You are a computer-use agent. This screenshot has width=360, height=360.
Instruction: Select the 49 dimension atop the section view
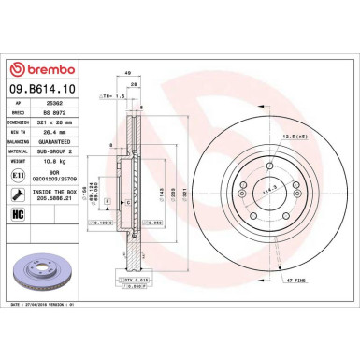(x=126, y=72)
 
